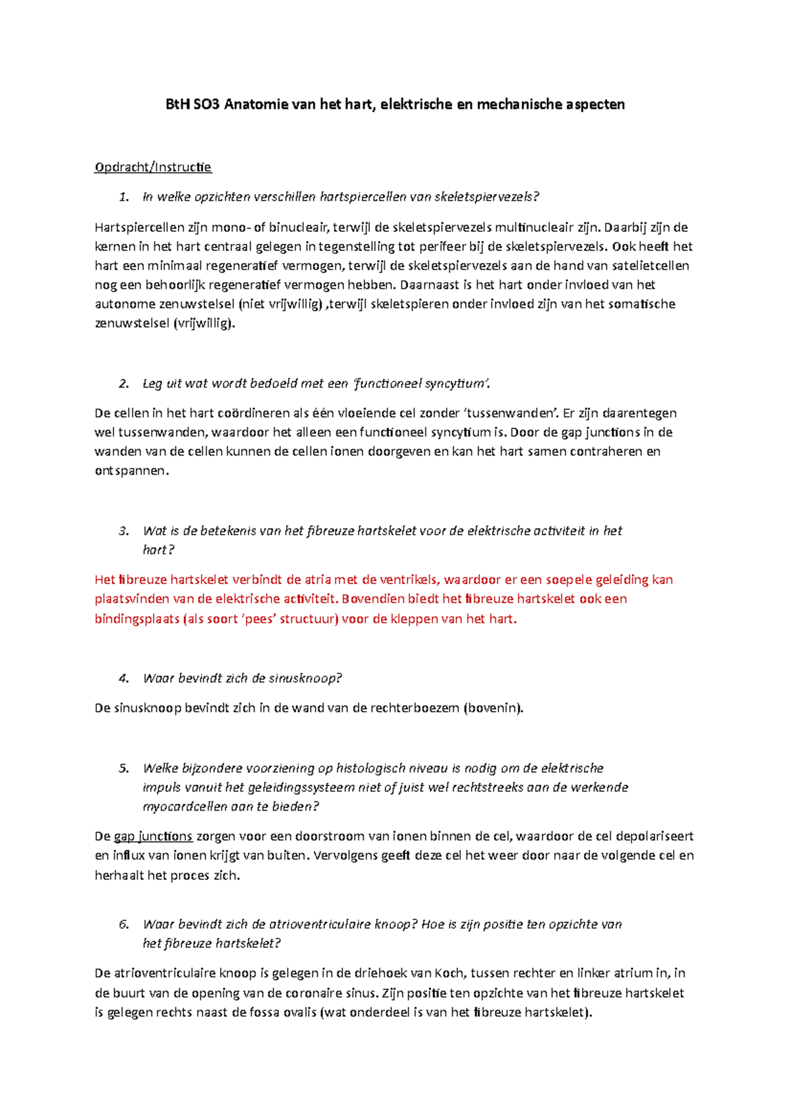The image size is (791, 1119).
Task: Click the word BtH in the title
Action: [x=176, y=104]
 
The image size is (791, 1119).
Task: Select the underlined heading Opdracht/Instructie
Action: [x=153, y=167]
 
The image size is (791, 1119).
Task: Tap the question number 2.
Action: [x=123, y=384]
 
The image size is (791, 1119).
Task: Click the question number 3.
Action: [x=123, y=531]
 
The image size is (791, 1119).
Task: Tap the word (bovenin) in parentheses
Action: [x=494, y=708]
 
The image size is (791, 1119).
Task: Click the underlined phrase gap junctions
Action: [x=153, y=837]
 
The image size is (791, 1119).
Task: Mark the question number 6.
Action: [x=123, y=925]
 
